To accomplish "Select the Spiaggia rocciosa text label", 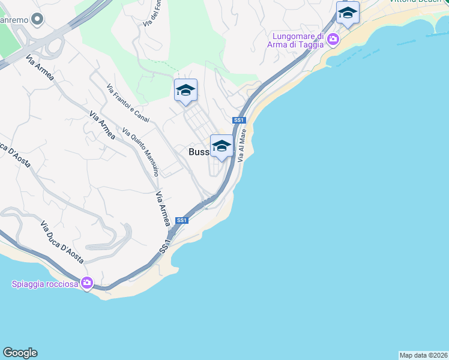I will tap(45, 284).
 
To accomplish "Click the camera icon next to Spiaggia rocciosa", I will tap(87, 283).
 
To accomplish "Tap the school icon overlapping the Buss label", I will tap(221, 146).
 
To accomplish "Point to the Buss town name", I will tap(199, 152).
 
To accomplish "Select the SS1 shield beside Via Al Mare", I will tap(239, 121).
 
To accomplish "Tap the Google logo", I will tap(20, 353).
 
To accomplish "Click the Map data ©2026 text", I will tap(424, 355).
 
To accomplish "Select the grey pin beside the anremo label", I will tap(38, 20).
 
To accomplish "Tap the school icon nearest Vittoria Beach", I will tap(348, 13).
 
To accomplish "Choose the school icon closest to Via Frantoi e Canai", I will tap(185, 91).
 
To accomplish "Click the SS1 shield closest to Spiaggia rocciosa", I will tap(182, 221).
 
